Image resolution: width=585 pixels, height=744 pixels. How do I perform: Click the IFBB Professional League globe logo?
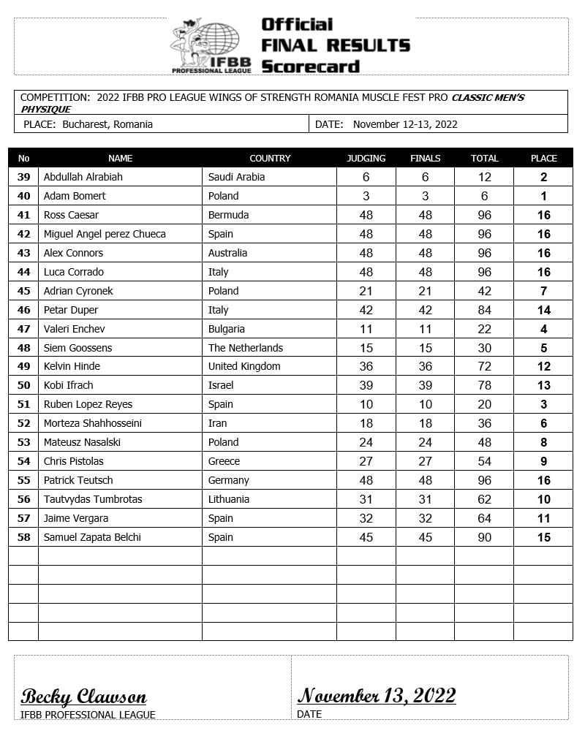[x=211, y=45]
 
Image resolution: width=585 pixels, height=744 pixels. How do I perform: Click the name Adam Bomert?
[x=75, y=196]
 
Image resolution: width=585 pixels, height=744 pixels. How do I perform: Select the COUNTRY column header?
[x=270, y=158]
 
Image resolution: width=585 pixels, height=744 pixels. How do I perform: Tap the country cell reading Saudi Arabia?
[x=236, y=177]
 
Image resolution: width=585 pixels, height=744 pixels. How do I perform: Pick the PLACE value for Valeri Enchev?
[x=543, y=329]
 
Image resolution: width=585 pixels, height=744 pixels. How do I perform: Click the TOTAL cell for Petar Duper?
[x=483, y=310]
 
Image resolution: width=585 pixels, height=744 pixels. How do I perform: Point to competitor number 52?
[x=23, y=423]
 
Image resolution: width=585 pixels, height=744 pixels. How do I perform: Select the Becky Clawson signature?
[x=83, y=696]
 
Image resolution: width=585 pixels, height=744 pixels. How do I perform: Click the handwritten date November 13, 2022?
[x=377, y=695]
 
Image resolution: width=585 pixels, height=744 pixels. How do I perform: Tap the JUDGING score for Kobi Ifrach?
[x=366, y=385]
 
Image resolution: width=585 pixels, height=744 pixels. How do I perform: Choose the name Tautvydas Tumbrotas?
[x=93, y=499]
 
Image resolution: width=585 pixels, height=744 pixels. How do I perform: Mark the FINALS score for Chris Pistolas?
[x=425, y=461]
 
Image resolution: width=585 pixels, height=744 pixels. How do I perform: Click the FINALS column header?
[x=425, y=158]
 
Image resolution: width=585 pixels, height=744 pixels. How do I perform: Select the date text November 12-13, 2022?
[x=405, y=124]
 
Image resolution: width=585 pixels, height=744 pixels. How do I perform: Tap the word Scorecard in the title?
[x=311, y=67]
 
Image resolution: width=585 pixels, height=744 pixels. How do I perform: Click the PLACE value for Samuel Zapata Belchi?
[x=543, y=537]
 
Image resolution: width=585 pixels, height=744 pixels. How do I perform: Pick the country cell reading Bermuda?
[x=229, y=215]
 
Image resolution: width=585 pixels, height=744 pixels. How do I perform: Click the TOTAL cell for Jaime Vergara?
[x=483, y=518]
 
